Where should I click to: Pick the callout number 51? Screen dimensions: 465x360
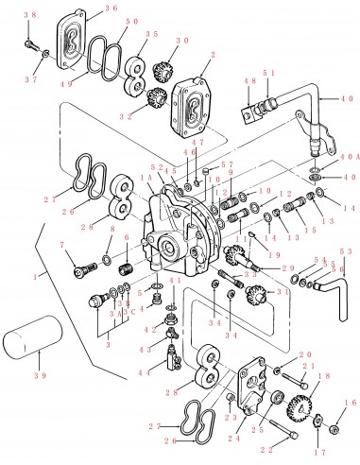pos(272,72)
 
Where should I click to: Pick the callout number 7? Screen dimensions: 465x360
pos(63,246)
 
